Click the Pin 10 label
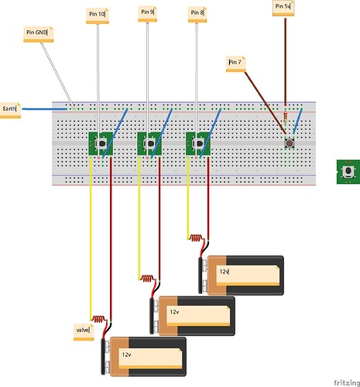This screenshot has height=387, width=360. [97, 15]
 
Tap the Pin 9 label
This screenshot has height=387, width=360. [147, 12]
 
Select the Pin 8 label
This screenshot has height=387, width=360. [197, 13]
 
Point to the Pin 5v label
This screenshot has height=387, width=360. [282, 7]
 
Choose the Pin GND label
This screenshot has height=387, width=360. [37, 33]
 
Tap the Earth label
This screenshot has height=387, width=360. [10, 108]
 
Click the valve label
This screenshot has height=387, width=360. [82, 330]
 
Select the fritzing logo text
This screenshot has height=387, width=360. [346, 382]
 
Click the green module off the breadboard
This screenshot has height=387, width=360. [348, 170]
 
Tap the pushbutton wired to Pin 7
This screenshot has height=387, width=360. [290, 144]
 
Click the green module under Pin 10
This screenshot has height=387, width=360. [99, 144]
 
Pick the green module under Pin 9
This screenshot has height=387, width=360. [149, 144]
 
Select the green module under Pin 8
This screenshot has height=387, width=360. [198, 144]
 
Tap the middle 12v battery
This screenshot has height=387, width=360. [193, 315]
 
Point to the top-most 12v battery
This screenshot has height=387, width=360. [242, 275]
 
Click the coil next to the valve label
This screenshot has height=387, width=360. [99, 318]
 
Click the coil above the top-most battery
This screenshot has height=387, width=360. [198, 238]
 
